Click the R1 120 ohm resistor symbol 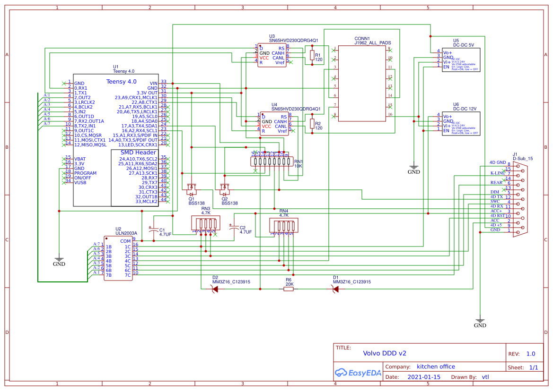[312, 56]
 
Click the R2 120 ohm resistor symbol [312, 124]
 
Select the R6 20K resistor [289, 289]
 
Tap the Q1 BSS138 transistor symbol [192, 189]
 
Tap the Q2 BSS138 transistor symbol [225, 189]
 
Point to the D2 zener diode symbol [215, 289]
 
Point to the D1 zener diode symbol [335, 289]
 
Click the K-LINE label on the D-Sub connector [498, 173]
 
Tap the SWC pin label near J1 [495, 202]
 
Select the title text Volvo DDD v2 [384, 353]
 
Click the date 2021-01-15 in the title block [423, 377]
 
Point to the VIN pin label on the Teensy [153, 83]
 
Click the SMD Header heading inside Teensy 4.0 [138, 153]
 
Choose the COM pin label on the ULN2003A [125, 241]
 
